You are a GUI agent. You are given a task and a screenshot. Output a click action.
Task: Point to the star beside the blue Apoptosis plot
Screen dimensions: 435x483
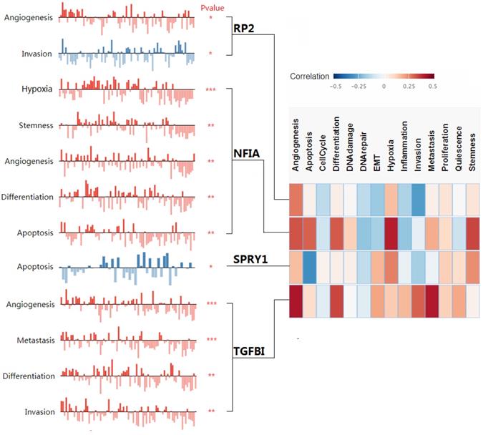click(211, 268)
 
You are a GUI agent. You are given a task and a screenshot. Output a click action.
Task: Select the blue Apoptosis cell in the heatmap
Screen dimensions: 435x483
click(308, 268)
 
